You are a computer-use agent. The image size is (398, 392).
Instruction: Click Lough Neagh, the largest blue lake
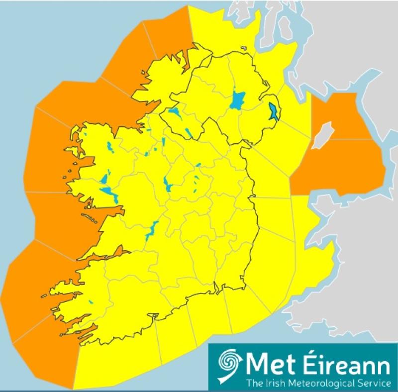(238, 100)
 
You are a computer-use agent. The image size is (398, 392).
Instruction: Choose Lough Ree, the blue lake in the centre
(166, 184)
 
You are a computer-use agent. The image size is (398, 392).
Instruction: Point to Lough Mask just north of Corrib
(105, 178)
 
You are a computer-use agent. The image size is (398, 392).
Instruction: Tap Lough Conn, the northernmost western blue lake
(109, 147)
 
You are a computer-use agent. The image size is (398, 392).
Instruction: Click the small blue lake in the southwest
(91, 301)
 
